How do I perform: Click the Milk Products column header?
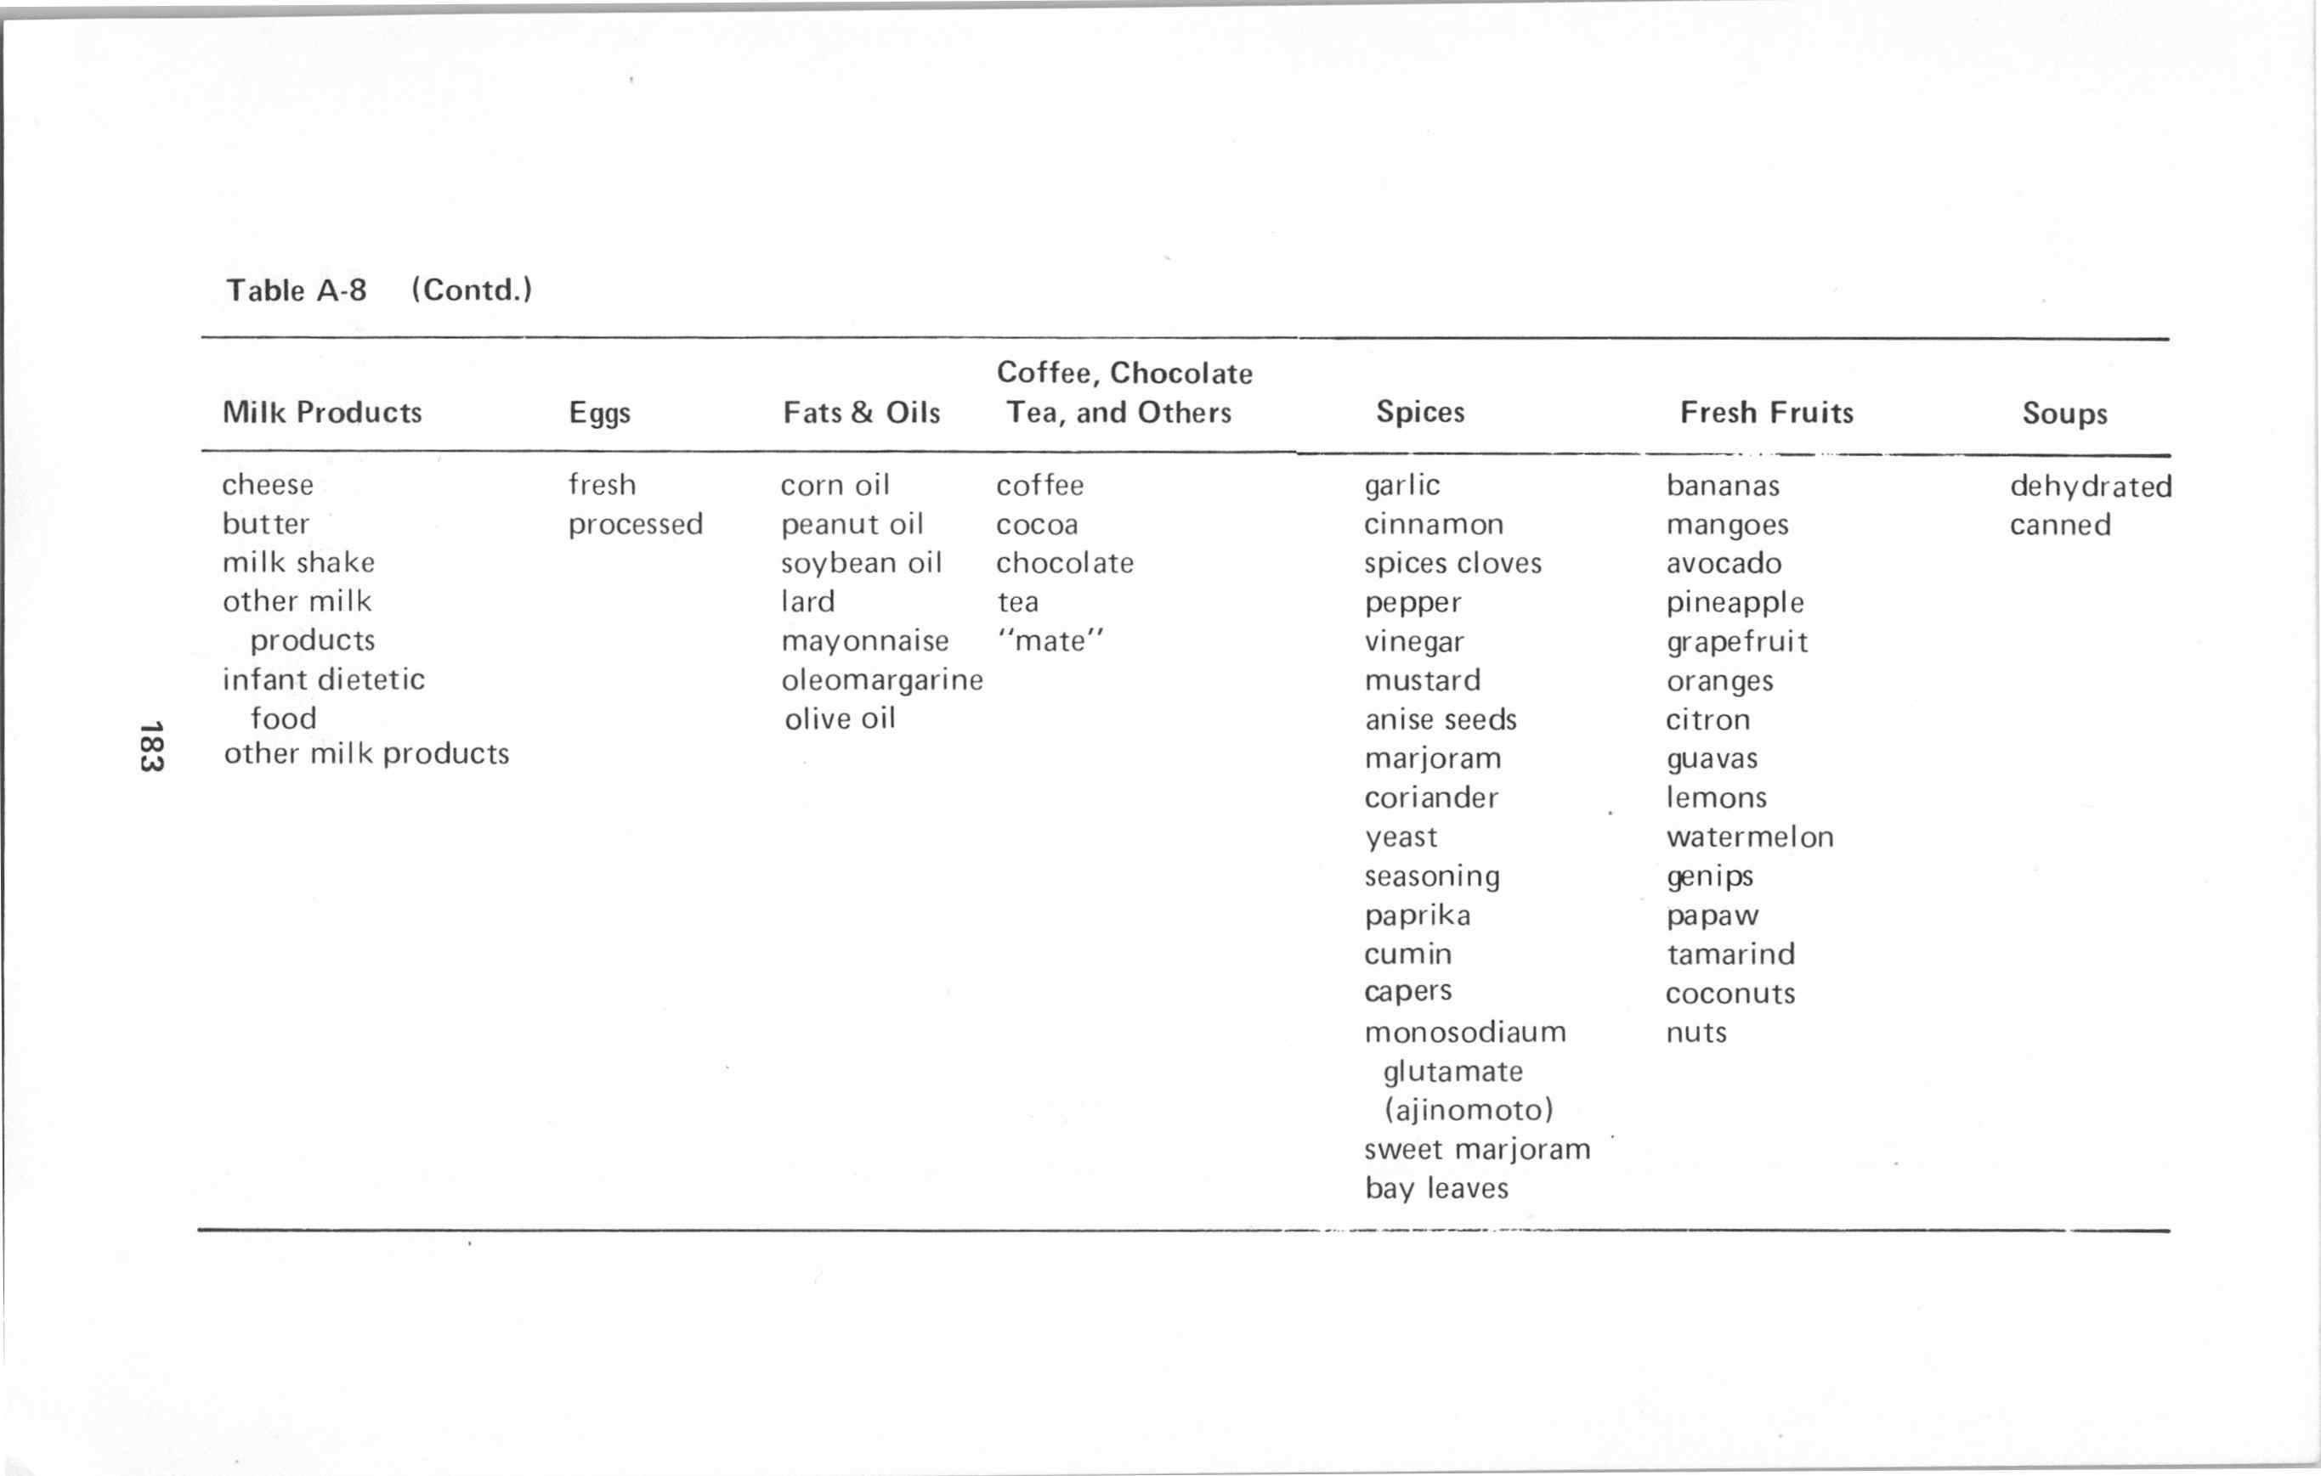click(x=322, y=413)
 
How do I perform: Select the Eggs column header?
click(x=598, y=414)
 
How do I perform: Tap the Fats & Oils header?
click(x=861, y=413)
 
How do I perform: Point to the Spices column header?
click(x=1420, y=413)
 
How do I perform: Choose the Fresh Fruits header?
click(x=1766, y=413)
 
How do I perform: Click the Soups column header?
click(x=2063, y=414)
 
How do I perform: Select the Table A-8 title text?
click(x=296, y=290)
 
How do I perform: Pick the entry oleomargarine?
click(x=881, y=680)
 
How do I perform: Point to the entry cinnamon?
click(x=1433, y=524)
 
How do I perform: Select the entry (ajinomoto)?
click(x=1468, y=1110)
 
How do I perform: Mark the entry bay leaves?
click(x=1436, y=1188)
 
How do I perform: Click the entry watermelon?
click(x=1749, y=837)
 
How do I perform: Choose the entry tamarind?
click(x=1730, y=954)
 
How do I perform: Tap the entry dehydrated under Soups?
click(x=2090, y=486)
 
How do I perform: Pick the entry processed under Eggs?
click(x=635, y=524)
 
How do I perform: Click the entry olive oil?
click(x=840, y=718)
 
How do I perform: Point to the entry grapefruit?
click(x=1737, y=642)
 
